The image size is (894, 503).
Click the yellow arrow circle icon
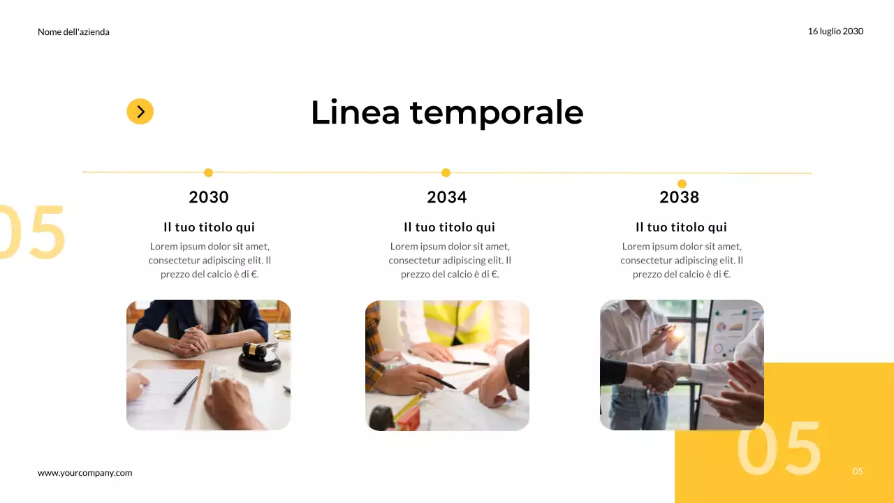tap(140, 111)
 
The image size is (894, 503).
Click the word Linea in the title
tap(355, 112)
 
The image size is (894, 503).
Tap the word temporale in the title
tap(496, 112)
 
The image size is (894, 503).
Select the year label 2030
tap(209, 197)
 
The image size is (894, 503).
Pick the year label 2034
tap(447, 197)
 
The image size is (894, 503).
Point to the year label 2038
tap(680, 197)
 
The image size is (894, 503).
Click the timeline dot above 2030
tap(208, 173)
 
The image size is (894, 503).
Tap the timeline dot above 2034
tap(446, 173)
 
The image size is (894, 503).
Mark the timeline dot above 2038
tap(682, 184)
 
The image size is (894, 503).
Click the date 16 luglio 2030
tap(835, 31)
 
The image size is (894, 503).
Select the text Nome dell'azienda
tap(73, 32)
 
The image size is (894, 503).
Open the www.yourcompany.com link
tap(85, 473)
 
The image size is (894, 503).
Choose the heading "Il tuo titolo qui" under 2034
tap(449, 227)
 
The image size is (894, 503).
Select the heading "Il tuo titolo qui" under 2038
tap(681, 227)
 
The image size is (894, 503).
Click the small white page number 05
tap(858, 472)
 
